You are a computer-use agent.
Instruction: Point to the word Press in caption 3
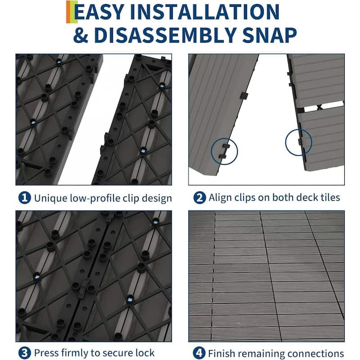tap(46, 352)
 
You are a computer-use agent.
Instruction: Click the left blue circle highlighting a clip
tap(224, 152)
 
